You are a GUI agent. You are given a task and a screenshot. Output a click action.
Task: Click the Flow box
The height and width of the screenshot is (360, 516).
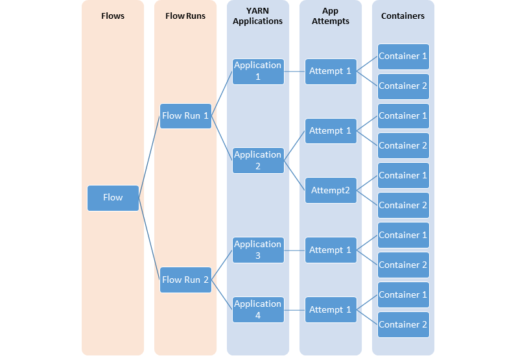click(113, 198)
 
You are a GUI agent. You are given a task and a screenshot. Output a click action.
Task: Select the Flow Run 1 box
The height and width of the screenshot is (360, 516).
click(185, 115)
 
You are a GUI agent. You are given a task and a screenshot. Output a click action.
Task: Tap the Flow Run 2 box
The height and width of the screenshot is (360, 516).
click(185, 280)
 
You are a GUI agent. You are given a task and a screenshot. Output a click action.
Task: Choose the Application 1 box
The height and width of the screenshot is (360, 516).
click(258, 71)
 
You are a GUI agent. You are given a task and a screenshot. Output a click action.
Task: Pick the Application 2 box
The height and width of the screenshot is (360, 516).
click(258, 160)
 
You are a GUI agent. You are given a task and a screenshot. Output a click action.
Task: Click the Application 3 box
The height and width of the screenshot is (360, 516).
click(258, 250)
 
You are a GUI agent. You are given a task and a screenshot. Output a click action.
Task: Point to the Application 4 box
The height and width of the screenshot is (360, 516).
click(258, 309)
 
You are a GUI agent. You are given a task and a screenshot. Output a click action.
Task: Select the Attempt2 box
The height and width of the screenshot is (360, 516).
click(331, 190)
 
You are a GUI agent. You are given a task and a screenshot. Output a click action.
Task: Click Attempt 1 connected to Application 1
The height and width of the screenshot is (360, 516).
click(331, 71)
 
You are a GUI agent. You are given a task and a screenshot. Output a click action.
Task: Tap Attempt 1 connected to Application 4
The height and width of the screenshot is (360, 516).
click(331, 309)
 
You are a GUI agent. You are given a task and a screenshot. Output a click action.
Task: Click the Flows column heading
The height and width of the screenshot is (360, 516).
click(113, 16)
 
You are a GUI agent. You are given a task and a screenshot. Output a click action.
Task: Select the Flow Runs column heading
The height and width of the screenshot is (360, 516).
click(185, 16)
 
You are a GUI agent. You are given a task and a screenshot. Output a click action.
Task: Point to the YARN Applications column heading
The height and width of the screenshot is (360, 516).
click(258, 16)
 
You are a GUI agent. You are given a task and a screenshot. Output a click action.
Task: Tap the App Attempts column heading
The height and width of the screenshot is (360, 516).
click(331, 16)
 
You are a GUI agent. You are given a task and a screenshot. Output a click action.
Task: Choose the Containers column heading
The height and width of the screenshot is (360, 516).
click(403, 16)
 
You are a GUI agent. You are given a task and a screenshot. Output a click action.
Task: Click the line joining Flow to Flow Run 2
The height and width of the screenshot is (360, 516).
click(149, 239)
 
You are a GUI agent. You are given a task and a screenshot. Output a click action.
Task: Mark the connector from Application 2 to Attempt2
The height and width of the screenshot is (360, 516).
click(294, 175)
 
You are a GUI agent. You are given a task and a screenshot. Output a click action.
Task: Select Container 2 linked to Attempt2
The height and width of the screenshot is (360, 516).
click(403, 205)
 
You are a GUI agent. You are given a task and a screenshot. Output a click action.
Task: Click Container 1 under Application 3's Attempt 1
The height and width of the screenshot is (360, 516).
click(403, 235)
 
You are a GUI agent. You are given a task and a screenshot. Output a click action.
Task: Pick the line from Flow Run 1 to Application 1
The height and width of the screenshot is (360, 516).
click(222, 93)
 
